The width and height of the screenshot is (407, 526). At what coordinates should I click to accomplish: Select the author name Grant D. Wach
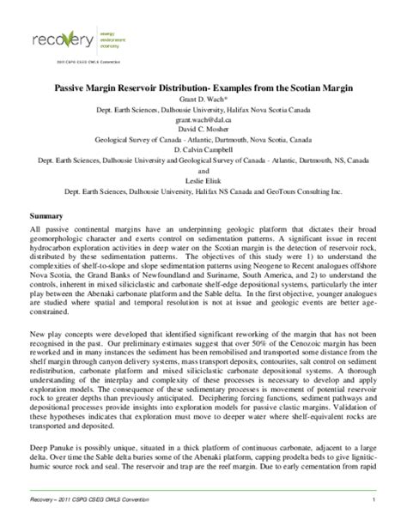[203, 100]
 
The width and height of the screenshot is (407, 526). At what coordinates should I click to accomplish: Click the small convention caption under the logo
[62, 63]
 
